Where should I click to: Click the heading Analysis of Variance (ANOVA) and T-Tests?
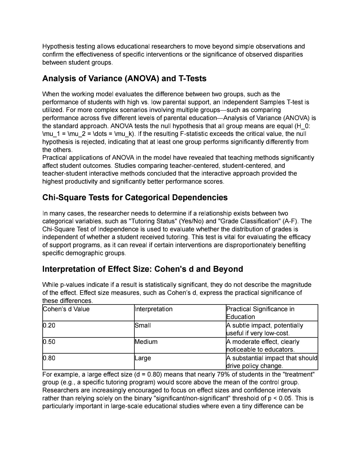[x=124, y=78]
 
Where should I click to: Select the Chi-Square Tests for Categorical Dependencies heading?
[x=135, y=197]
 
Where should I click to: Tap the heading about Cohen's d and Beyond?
[x=143, y=269]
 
